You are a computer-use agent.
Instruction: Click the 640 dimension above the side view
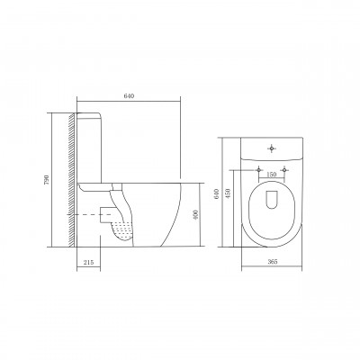[x=129, y=96]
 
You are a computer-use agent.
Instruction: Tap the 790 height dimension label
[x=46, y=179]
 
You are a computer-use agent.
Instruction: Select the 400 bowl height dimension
[x=196, y=215]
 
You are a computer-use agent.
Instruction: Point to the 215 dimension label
[x=88, y=262]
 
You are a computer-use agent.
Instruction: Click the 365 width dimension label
[x=272, y=262]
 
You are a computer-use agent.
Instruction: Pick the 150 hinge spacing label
[x=271, y=175]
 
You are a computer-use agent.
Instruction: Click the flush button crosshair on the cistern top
[x=272, y=148]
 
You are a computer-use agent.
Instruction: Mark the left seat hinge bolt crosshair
[x=258, y=170]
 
